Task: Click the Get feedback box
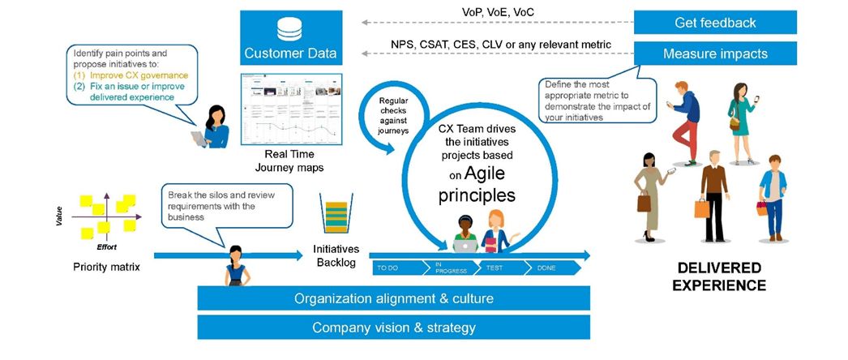point(714,22)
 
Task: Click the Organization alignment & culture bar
point(394,298)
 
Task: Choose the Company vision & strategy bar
point(394,328)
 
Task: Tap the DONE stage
point(547,267)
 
